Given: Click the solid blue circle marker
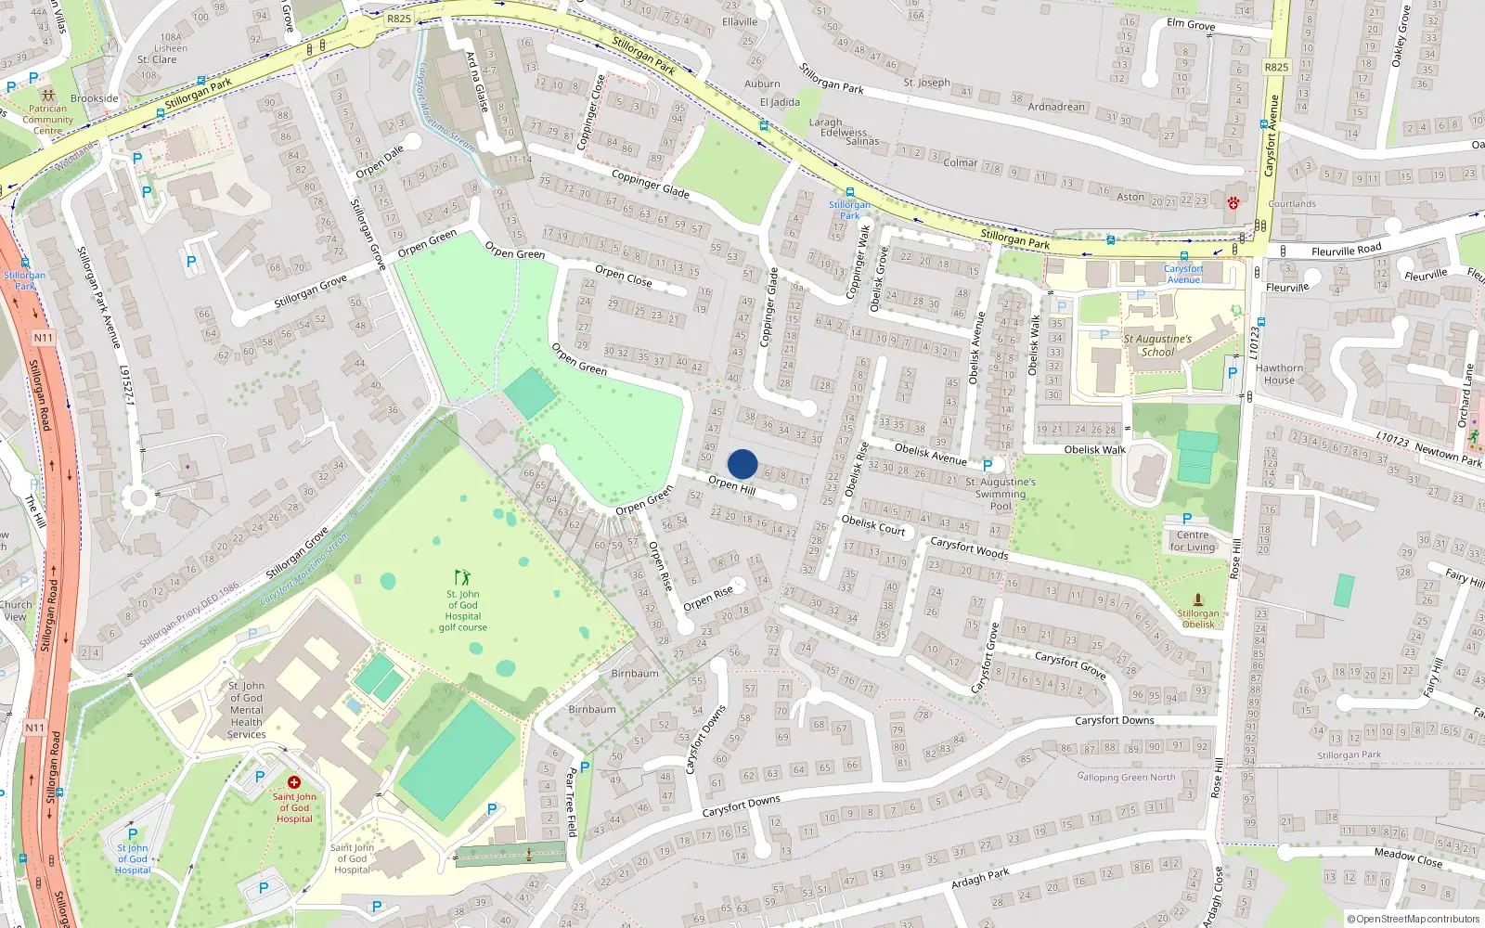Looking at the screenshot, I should pyautogui.click(x=742, y=464).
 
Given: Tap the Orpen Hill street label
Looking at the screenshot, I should pyautogui.click(x=731, y=484).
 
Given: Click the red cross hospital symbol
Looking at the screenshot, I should pyautogui.click(x=294, y=782).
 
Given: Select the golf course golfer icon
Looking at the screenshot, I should pyautogui.click(x=462, y=577).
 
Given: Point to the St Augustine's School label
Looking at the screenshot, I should pyautogui.click(x=1157, y=345).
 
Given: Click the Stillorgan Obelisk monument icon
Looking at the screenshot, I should pyautogui.click(x=1198, y=599).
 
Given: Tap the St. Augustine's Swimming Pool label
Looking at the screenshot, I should pyautogui.click(x=1001, y=494).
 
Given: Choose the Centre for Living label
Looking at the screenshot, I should pyautogui.click(x=1193, y=541).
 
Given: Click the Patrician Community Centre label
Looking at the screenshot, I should pyautogui.click(x=47, y=120).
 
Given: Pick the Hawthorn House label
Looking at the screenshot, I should pyautogui.click(x=1279, y=374).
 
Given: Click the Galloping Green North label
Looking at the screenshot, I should pyautogui.click(x=1126, y=778).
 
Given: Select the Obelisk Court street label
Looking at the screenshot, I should pyautogui.click(x=872, y=525).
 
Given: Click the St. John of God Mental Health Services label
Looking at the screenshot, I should pyautogui.click(x=247, y=710).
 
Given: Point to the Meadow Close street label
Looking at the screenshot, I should pyautogui.click(x=1408, y=857).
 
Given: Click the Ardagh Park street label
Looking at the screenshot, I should pyautogui.click(x=980, y=878).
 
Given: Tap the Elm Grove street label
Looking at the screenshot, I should pyautogui.click(x=1191, y=25).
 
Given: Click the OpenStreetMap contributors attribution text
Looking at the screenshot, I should pyautogui.click(x=1414, y=919).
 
